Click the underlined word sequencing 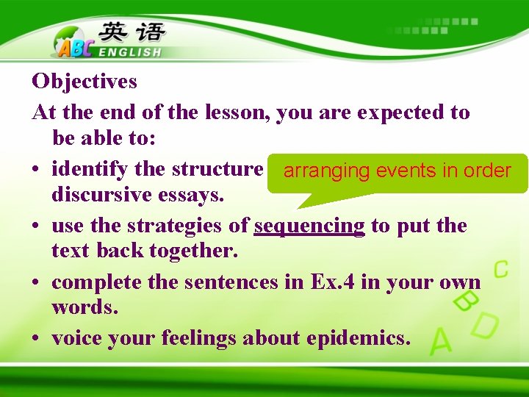309,226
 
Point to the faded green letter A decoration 442,341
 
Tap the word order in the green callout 486,171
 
